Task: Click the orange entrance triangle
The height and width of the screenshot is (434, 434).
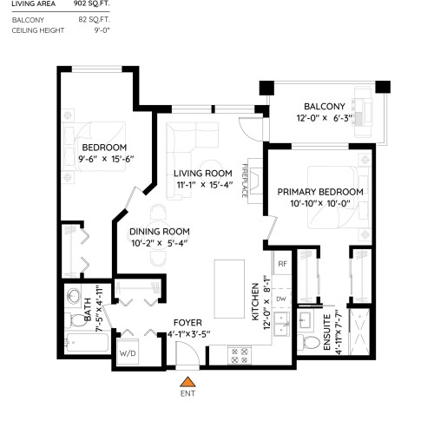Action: pyautogui.click(x=187, y=382)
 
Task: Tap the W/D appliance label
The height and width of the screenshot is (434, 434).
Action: pyautogui.click(x=128, y=353)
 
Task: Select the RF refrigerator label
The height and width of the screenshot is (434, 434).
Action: pyautogui.click(x=282, y=264)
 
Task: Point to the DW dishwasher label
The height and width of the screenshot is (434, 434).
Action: pyautogui.click(x=281, y=299)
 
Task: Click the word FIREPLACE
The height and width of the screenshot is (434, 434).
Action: pyautogui.click(x=245, y=181)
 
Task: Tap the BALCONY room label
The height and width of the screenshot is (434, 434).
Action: pyautogui.click(x=325, y=107)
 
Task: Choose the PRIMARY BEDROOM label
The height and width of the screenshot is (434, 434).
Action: pyautogui.click(x=320, y=192)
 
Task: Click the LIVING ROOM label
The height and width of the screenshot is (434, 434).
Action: pyautogui.click(x=203, y=174)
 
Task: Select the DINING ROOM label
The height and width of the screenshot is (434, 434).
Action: pyautogui.click(x=160, y=232)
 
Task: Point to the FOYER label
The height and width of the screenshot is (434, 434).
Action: pyautogui.click(x=187, y=323)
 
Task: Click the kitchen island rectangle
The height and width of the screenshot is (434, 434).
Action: pyautogui.click(x=229, y=289)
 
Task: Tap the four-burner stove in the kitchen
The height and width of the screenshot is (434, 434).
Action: pyautogui.click(x=240, y=356)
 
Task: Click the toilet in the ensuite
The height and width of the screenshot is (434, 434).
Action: pyautogui.click(x=308, y=342)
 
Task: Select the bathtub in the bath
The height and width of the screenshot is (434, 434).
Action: pyautogui.click(x=88, y=343)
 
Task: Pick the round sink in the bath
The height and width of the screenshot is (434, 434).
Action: pyautogui.click(x=74, y=296)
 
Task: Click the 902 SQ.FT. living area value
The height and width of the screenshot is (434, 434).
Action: pyautogui.click(x=91, y=4)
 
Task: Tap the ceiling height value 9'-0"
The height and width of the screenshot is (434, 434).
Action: pyautogui.click(x=102, y=30)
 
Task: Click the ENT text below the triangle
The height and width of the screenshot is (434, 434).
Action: pyautogui.click(x=187, y=393)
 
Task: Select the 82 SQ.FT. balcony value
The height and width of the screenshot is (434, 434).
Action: pyautogui.click(x=94, y=20)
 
